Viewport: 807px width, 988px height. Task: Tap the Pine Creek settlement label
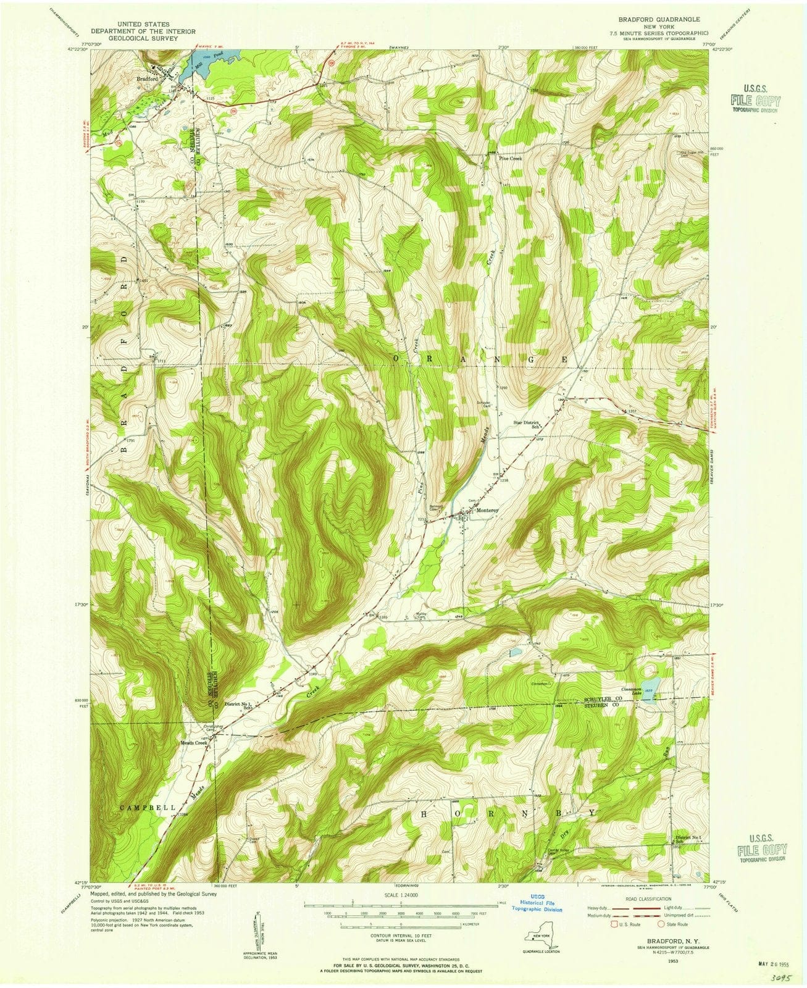click(x=512, y=157)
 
